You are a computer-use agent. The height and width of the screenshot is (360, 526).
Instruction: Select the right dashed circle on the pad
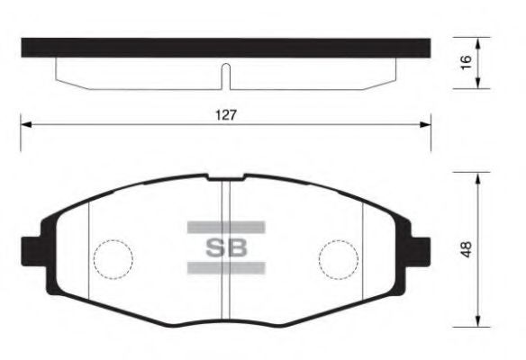pyautogui.click(x=337, y=259)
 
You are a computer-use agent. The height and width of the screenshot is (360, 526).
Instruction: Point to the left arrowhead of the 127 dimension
pyautogui.click(x=25, y=126)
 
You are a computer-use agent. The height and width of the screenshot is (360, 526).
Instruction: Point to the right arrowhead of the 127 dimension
pyautogui.click(x=427, y=126)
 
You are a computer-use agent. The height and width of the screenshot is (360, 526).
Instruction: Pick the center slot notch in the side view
pyautogui.click(x=226, y=76)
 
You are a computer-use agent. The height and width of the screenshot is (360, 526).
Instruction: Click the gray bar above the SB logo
pyautogui.click(x=226, y=227)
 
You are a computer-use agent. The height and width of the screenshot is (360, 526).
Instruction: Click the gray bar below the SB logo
pyautogui.click(x=226, y=267)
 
